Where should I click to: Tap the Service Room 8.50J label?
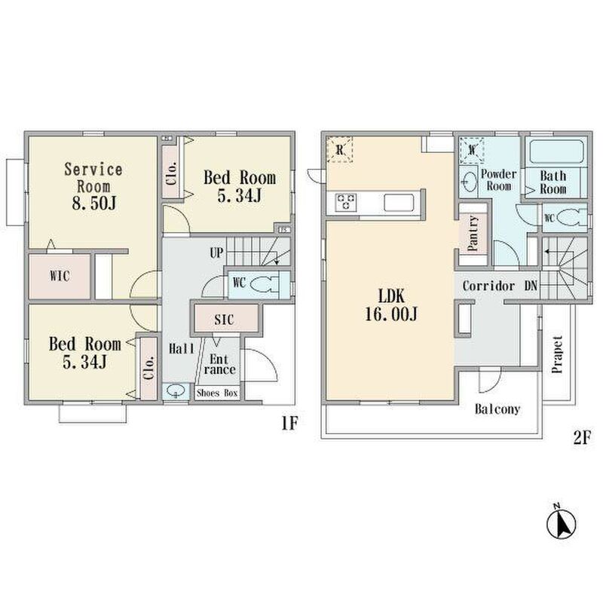pyautogui.click(x=93, y=186)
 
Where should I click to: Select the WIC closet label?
pyautogui.click(x=60, y=275)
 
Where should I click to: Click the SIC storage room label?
pyautogui.click(x=224, y=319)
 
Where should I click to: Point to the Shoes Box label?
pyautogui.click(x=217, y=393)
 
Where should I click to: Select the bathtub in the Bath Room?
pyautogui.click(x=556, y=152)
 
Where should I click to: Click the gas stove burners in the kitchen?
pyautogui.click(x=346, y=202)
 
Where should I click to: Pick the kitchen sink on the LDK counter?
pyautogui.click(x=399, y=202)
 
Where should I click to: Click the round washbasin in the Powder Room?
pyautogui.click(x=469, y=181)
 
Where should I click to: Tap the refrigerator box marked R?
pyautogui.click(x=340, y=148)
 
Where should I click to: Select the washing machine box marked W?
pyautogui.click(x=472, y=149)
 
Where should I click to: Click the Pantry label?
pyautogui.click(x=473, y=233)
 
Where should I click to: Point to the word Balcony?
pyautogui.click(x=497, y=409)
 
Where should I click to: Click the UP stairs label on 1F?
pyautogui.click(x=216, y=253)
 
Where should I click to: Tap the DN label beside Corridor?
pyautogui.click(x=531, y=286)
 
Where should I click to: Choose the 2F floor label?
pyautogui.click(x=582, y=437)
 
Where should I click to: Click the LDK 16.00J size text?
pyautogui.click(x=391, y=306)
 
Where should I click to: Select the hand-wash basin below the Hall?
pyautogui.click(x=176, y=391)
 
